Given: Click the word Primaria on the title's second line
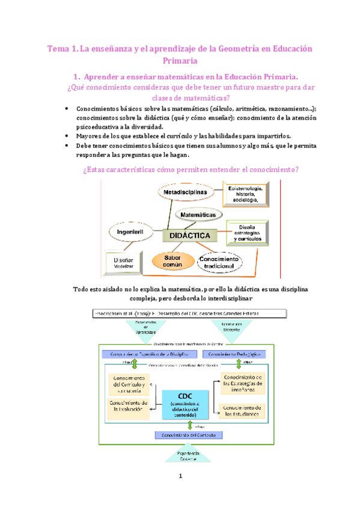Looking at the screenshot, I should (180, 61).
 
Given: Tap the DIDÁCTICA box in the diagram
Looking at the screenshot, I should (189, 236).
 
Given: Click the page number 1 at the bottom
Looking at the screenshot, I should (180, 494).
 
